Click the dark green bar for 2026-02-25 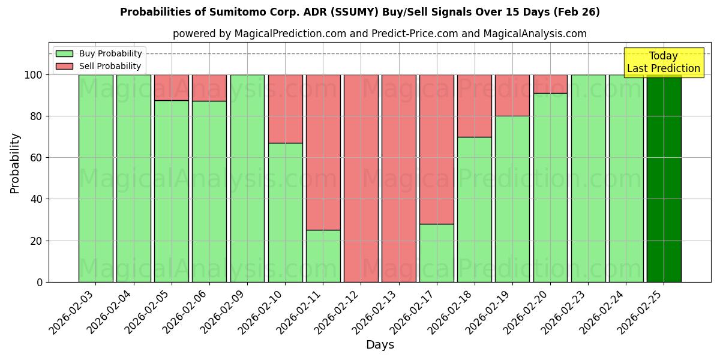pos(664,178)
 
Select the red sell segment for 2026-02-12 pos(361,178)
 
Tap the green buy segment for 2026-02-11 pos(323,256)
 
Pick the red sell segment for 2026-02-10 pos(285,109)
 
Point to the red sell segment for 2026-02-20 pos(550,84)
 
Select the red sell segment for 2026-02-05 pos(172,88)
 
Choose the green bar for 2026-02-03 pos(95,178)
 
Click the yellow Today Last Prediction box pos(663,62)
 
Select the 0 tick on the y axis pos(40,282)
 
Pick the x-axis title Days pos(380,345)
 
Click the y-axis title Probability pos(15,163)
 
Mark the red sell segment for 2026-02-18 pos(474,106)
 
